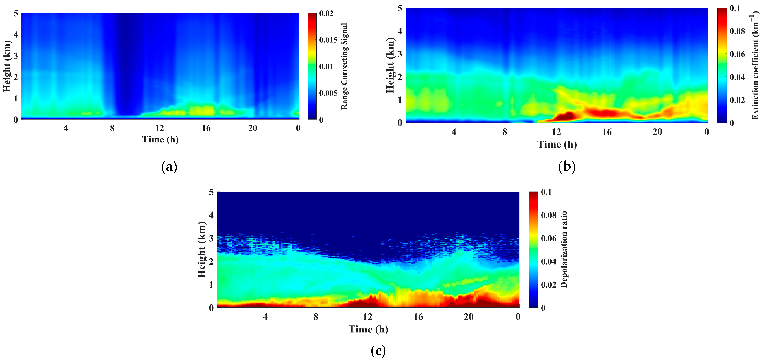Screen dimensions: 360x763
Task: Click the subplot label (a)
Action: tap(170, 167)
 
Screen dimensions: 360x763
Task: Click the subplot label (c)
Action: tap(378, 351)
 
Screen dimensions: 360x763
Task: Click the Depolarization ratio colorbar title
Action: tap(564, 249)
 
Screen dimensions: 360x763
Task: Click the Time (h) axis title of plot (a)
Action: tap(160, 139)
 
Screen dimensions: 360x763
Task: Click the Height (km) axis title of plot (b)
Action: tap(391, 65)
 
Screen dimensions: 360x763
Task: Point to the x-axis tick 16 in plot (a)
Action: tap(206, 128)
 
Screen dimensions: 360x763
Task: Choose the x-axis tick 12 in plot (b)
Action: tap(556, 132)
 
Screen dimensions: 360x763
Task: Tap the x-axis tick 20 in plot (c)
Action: tap(469, 317)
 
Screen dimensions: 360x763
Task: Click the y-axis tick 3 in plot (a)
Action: tap(16, 56)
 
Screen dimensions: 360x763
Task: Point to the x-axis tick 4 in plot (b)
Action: tap(454, 132)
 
